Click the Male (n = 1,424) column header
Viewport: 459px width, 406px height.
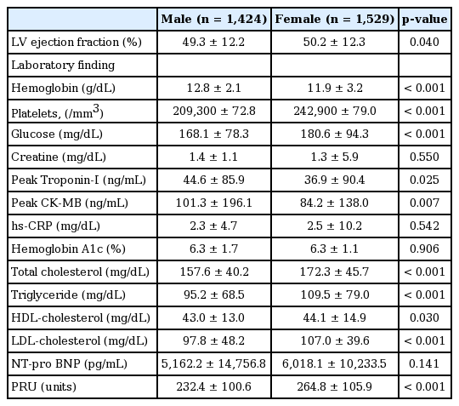pos(214,20)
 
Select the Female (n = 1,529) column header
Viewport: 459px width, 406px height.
pos(335,20)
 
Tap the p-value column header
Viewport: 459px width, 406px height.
pos(424,20)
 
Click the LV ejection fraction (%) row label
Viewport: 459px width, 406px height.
pos(76,43)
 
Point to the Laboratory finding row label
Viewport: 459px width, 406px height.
pos(63,65)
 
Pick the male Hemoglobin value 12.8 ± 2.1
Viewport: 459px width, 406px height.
pos(214,88)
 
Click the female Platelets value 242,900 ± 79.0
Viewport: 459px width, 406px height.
pos(335,112)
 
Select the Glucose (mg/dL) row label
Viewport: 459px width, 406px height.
pos(57,134)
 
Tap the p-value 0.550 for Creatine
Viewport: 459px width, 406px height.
pos(424,157)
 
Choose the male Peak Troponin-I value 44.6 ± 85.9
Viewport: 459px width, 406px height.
pos(214,180)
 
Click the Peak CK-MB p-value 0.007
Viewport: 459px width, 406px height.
pos(424,203)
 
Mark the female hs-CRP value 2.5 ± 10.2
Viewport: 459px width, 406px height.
pos(335,226)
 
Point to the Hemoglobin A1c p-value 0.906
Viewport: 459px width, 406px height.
pos(424,249)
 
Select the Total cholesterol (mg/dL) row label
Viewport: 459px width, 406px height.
pos(80,272)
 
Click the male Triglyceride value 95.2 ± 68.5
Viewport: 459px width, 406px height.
pos(214,294)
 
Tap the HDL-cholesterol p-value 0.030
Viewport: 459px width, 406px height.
pos(424,317)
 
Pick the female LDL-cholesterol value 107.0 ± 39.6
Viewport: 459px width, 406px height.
pos(335,340)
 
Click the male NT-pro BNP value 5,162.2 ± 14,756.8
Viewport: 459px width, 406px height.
pos(213,363)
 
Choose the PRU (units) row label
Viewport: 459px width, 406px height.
pos(44,386)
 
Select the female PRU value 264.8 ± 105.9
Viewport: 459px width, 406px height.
pos(335,386)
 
